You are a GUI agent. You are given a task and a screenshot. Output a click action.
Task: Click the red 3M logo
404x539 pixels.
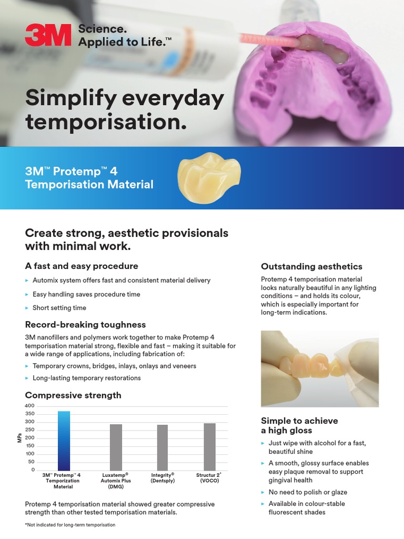click(x=48, y=35)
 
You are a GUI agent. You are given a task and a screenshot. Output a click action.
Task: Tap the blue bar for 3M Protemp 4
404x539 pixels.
click(x=64, y=441)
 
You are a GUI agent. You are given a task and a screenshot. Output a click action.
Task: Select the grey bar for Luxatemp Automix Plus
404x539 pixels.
click(x=116, y=447)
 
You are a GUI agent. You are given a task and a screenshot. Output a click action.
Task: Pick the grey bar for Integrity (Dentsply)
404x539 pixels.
click(x=163, y=447)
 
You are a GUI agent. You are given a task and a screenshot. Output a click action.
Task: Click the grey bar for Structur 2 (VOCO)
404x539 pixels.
click(x=209, y=446)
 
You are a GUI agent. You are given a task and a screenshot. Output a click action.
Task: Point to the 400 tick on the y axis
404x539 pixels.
click(x=29, y=406)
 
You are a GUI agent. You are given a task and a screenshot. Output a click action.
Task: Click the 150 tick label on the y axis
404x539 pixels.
click(x=30, y=446)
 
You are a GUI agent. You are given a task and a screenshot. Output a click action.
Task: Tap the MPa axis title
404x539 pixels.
click(x=19, y=438)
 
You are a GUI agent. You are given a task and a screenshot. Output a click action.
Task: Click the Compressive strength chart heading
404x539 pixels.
click(x=73, y=395)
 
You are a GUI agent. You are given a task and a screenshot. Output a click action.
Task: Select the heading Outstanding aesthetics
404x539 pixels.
click(x=311, y=266)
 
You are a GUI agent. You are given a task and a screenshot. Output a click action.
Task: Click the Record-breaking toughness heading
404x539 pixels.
click(x=85, y=324)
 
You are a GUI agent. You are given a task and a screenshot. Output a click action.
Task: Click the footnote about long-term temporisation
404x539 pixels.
click(x=70, y=525)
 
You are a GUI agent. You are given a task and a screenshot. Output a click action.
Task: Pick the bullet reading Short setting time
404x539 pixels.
click(x=59, y=308)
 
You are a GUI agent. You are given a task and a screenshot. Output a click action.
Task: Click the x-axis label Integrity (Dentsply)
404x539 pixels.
click(x=163, y=477)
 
